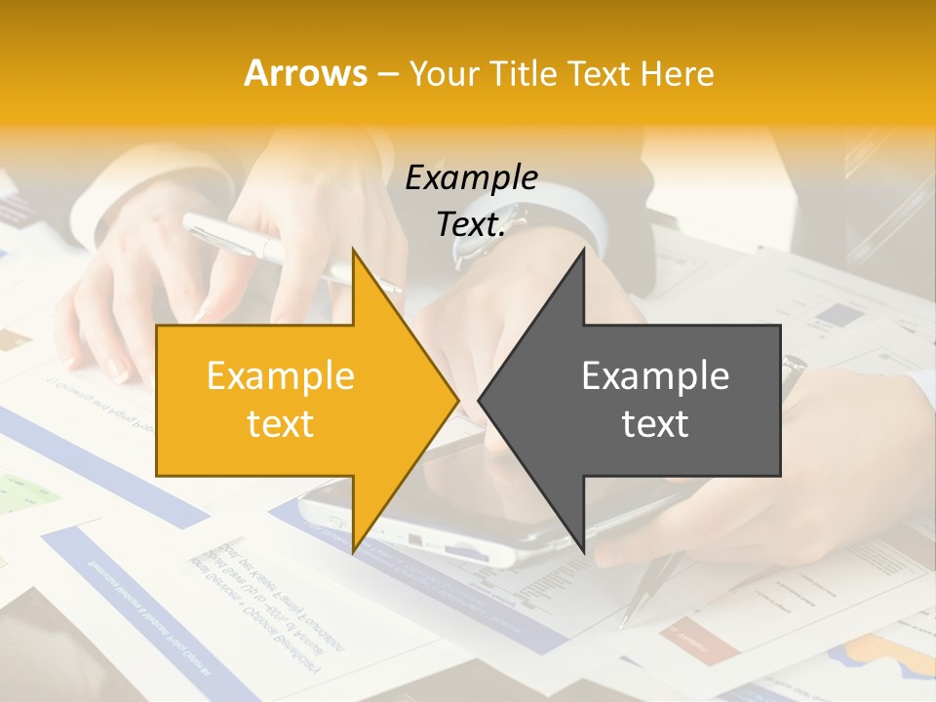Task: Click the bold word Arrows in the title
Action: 306,73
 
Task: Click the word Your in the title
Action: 444,74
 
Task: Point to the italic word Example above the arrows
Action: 471,177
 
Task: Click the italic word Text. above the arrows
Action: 471,224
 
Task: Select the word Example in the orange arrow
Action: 280,376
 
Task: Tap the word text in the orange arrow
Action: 280,423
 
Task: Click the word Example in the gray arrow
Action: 655,376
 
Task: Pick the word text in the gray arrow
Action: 655,423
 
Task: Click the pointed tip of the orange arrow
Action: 455,401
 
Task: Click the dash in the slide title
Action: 386,74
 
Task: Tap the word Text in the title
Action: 600,73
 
